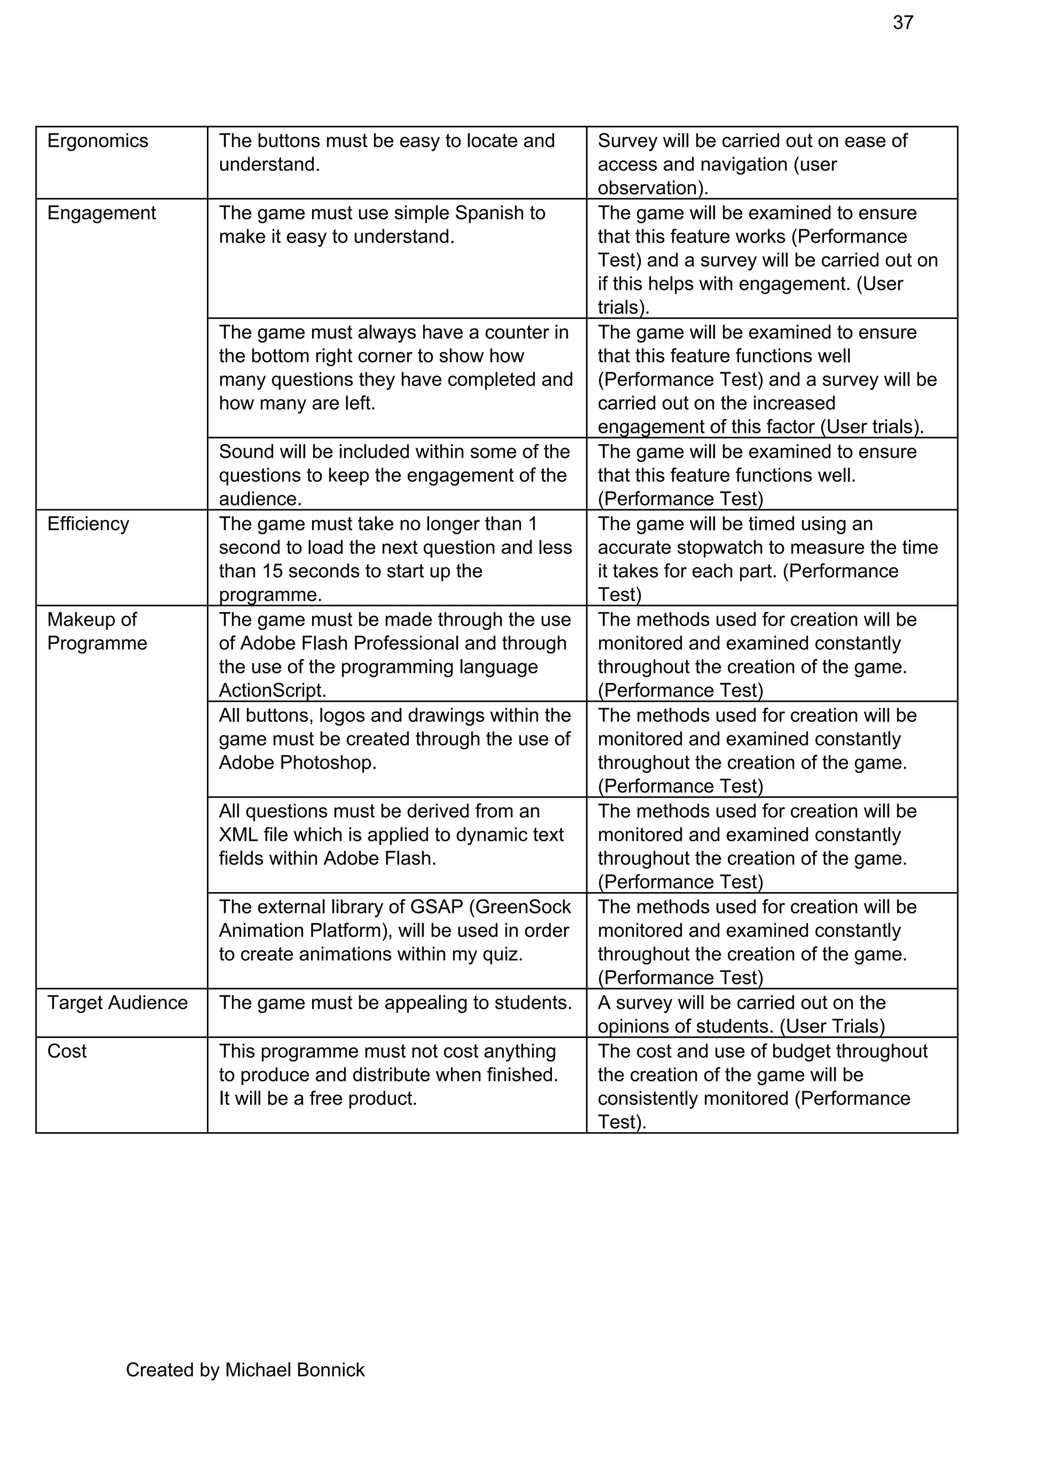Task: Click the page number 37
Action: pyautogui.click(x=902, y=22)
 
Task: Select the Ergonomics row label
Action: pyautogui.click(x=97, y=141)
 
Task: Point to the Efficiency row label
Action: pyautogui.click(x=88, y=523)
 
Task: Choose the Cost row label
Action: pyautogui.click(x=67, y=1051)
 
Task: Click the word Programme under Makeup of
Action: pyautogui.click(x=97, y=643)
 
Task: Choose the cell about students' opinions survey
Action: pyautogui.click(x=771, y=1014)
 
